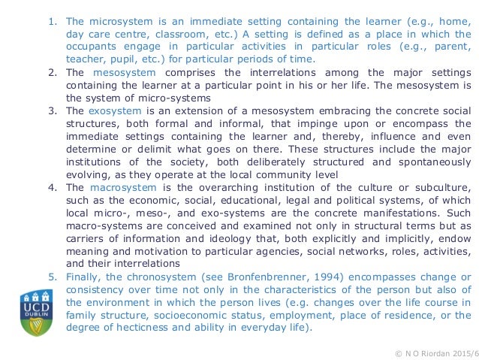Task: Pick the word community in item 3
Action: coord(272,174)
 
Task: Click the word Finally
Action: coord(83,277)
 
